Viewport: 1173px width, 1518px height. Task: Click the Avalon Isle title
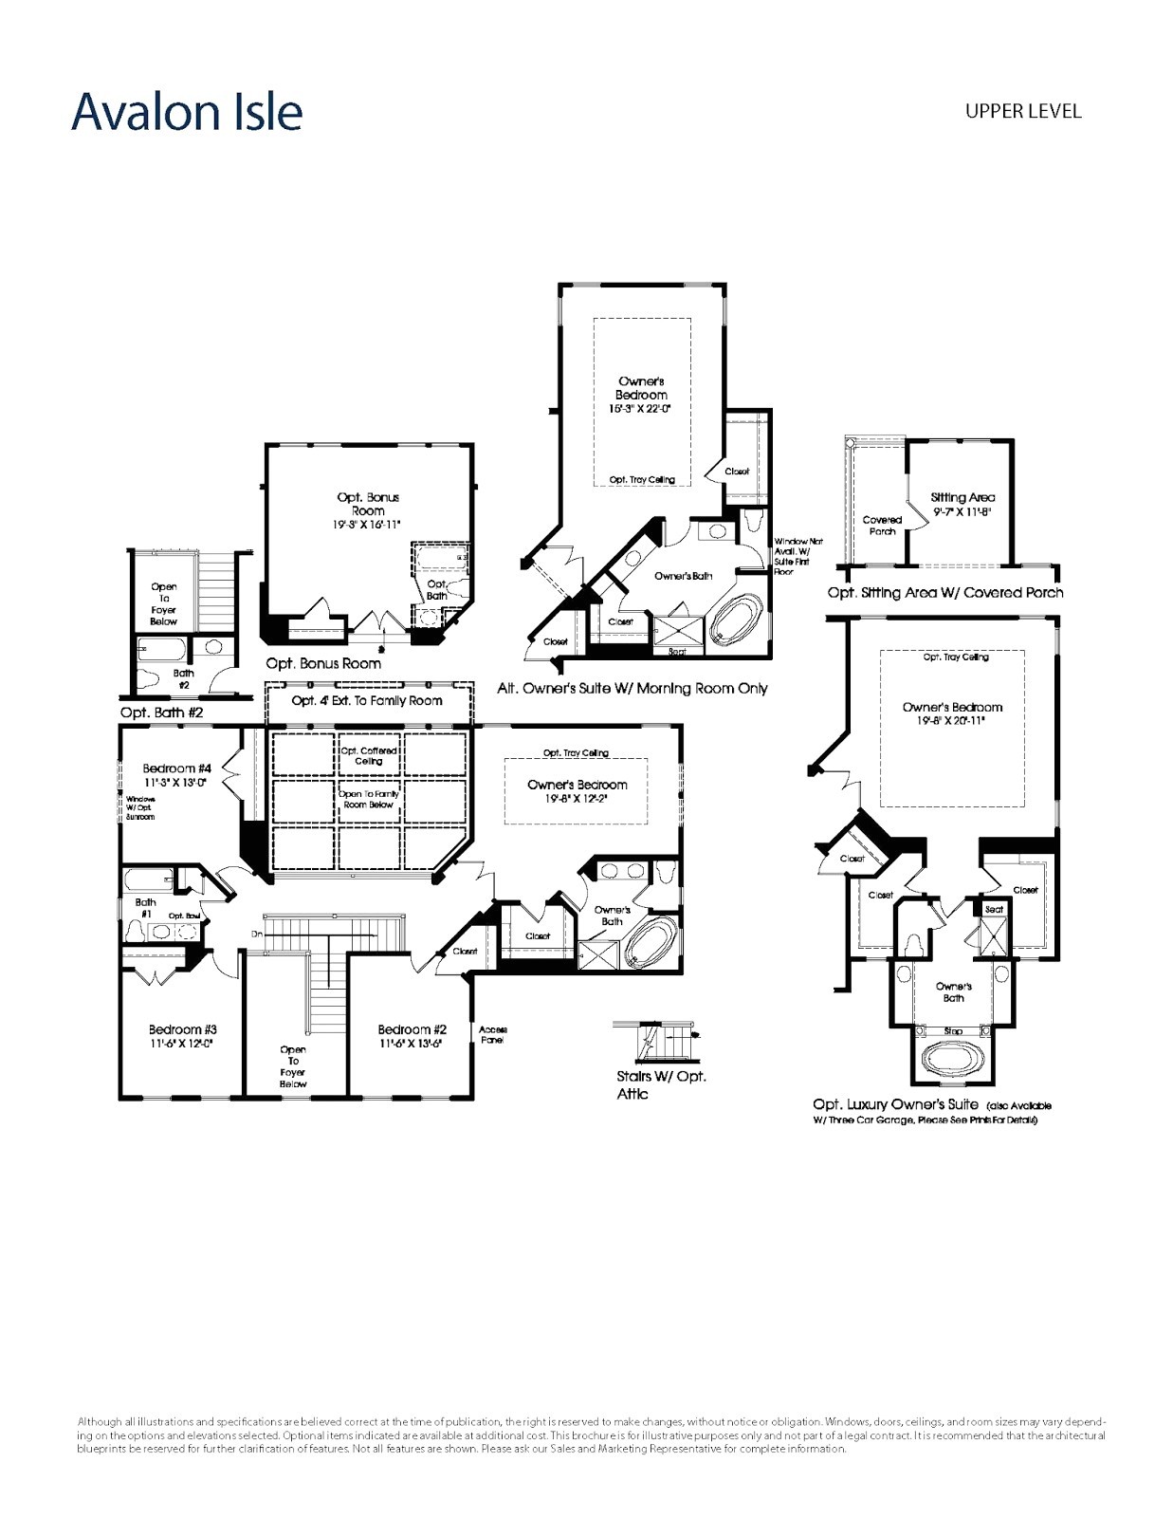[x=187, y=112]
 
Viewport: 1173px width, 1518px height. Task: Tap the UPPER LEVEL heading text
[x=1022, y=111]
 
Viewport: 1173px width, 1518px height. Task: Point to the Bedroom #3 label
[x=182, y=1029]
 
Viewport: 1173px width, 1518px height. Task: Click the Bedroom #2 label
[x=412, y=1029]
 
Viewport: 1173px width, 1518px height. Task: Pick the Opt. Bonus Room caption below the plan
[x=323, y=663]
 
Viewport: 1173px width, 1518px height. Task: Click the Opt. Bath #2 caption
[x=161, y=712]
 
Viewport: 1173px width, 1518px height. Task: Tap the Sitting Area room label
[x=962, y=497]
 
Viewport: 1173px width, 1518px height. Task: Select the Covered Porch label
[x=882, y=526]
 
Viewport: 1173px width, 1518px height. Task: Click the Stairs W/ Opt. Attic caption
[x=661, y=1084]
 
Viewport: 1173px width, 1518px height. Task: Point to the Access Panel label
[x=493, y=1034]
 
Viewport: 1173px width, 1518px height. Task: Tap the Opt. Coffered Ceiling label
[x=369, y=755]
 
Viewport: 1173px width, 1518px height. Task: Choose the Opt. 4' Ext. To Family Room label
[x=367, y=700]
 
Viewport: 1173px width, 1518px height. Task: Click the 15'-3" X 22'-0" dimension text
[x=641, y=409]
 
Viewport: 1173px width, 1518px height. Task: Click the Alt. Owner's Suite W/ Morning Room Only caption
[x=632, y=688]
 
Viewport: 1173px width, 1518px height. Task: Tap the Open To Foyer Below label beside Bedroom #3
[x=293, y=1066]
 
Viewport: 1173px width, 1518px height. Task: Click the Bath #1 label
[x=145, y=908]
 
